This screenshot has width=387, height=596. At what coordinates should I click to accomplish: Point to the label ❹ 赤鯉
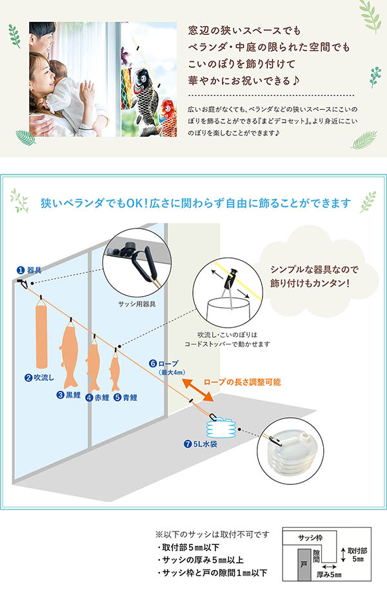point(97,397)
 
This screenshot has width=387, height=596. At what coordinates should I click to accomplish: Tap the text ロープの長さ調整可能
point(241,382)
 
